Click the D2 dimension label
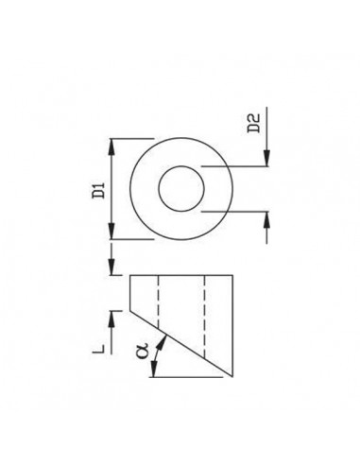click(x=254, y=123)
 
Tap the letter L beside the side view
click(x=98, y=349)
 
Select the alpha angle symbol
click(x=143, y=352)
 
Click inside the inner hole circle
click(x=181, y=188)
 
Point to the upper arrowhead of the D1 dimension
click(x=111, y=146)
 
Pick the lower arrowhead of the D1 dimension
click(x=111, y=231)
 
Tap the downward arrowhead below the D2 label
click(x=266, y=158)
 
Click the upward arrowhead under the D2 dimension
click(x=266, y=219)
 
